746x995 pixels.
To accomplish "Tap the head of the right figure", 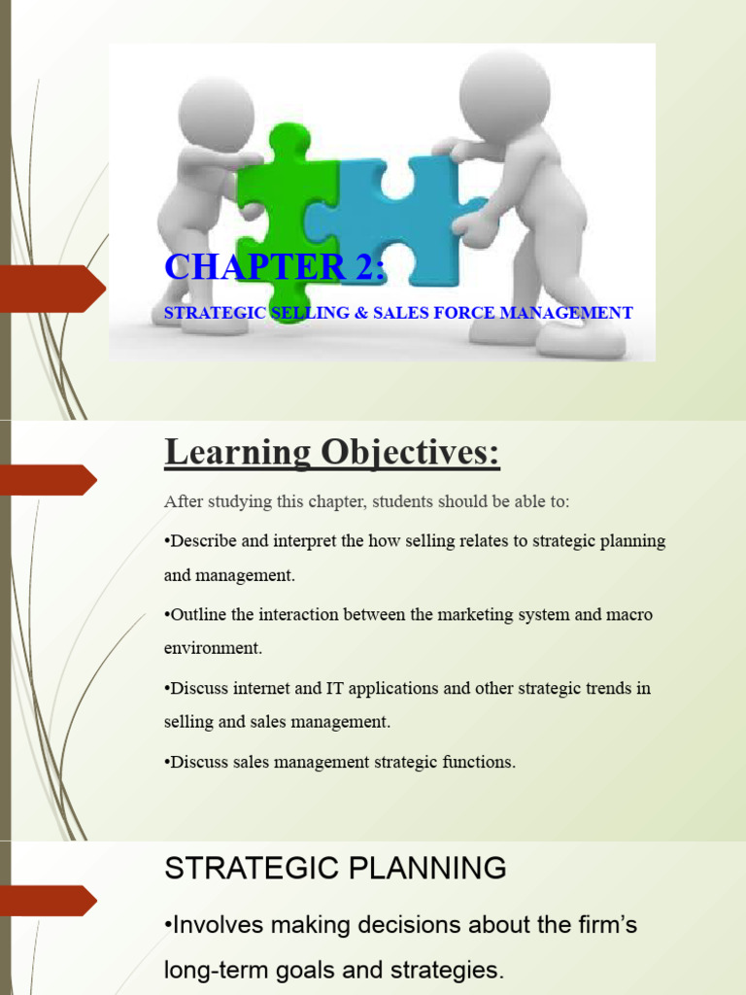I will tap(504, 92).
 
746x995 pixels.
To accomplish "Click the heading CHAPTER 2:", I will tap(275, 267).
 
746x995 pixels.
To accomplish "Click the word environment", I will tap(213, 648).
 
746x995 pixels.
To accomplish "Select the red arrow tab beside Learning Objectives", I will tap(48, 480).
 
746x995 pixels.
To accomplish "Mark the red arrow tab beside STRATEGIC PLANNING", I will tap(48, 901).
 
